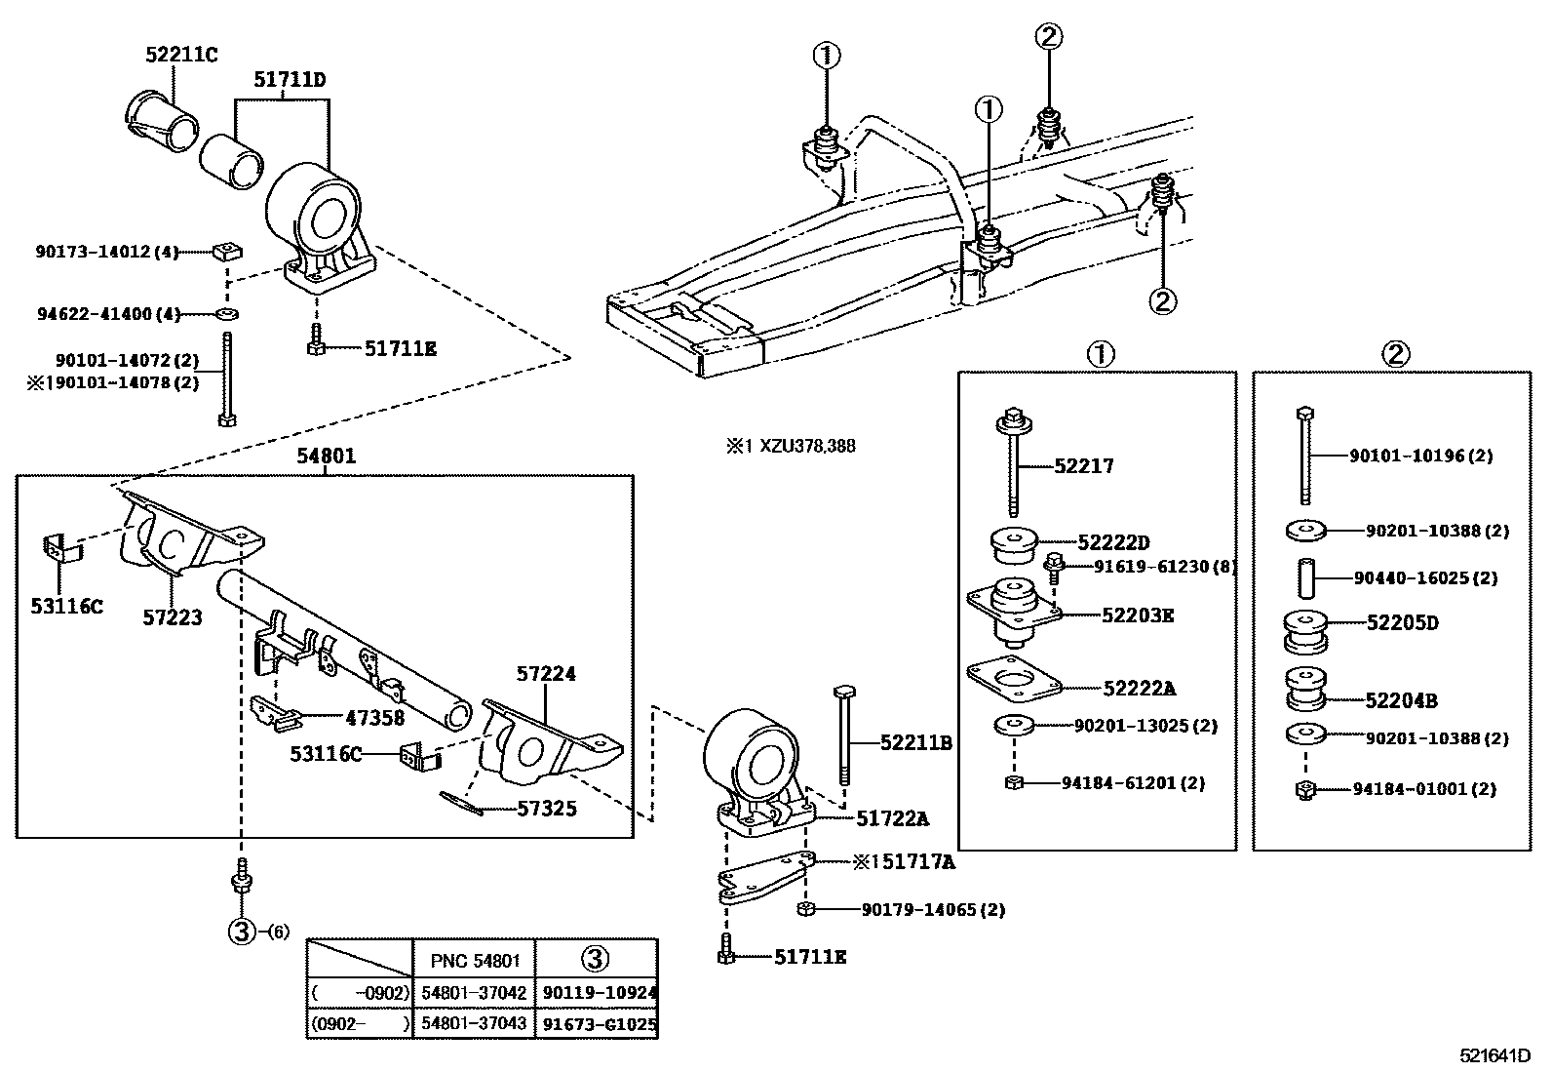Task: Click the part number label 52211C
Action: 181,56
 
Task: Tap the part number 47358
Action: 375,718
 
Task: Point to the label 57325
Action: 546,808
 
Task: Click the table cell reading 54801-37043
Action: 475,1024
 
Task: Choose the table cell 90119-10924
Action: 597,993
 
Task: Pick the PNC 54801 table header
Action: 475,960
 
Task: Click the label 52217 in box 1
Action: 1083,466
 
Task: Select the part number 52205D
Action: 1402,623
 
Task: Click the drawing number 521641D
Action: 1494,1055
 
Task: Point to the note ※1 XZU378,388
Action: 790,446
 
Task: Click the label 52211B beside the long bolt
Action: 914,743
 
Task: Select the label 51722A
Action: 892,818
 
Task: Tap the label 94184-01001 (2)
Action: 1423,788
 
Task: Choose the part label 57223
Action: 173,617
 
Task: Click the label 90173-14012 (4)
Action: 107,252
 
